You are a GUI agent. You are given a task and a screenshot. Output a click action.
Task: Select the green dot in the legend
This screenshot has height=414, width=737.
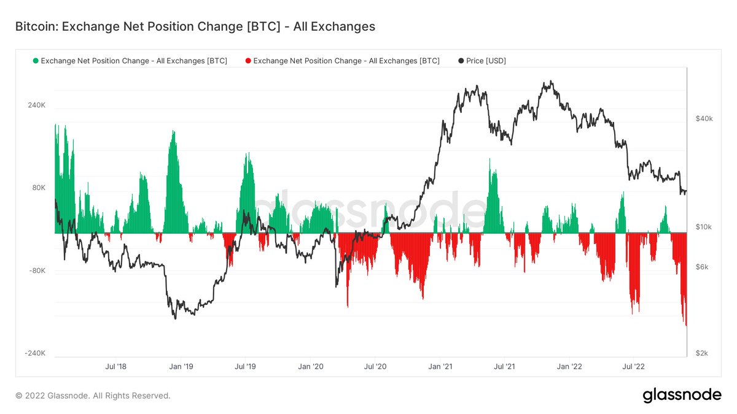click(x=36, y=61)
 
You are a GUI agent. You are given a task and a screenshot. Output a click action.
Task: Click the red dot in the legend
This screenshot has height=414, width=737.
click(x=248, y=61)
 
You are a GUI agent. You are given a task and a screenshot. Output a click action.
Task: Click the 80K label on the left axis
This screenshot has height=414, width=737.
click(x=39, y=188)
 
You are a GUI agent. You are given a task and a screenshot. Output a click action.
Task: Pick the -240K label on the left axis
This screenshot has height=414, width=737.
click(x=36, y=353)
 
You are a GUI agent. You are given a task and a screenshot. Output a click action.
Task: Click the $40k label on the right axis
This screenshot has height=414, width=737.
click(x=703, y=118)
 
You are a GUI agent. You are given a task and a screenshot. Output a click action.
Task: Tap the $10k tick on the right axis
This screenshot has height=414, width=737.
click(x=703, y=227)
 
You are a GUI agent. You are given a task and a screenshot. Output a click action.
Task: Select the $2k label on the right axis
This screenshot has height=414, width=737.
click(x=702, y=353)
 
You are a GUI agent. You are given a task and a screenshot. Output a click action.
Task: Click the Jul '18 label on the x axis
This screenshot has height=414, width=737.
click(x=116, y=367)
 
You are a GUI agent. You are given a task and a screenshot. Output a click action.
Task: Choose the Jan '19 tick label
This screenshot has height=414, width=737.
click(x=181, y=367)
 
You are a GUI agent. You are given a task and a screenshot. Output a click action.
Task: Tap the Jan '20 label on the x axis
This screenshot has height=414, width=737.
click(x=310, y=367)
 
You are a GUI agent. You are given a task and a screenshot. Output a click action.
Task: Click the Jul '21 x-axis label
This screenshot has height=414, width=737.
click(x=504, y=367)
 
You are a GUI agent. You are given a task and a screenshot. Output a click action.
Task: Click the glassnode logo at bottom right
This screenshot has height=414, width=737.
click(x=682, y=396)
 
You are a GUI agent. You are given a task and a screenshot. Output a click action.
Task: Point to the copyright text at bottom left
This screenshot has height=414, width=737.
click(x=93, y=396)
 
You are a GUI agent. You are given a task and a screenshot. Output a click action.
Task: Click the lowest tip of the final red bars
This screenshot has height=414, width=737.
click(x=685, y=326)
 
